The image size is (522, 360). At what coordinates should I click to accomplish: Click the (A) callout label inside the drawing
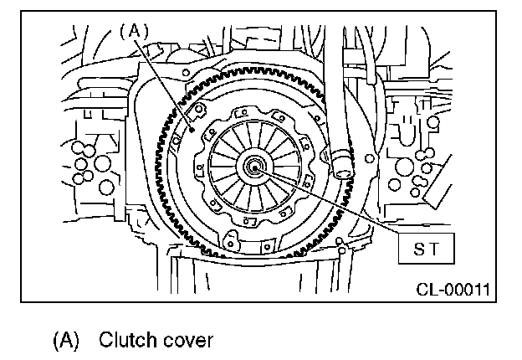(x=134, y=31)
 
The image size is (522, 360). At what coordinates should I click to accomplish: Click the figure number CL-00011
(x=453, y=291)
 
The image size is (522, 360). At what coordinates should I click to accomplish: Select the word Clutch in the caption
(x=123, y=341)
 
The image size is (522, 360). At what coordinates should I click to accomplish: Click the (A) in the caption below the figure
(x=68, y=341)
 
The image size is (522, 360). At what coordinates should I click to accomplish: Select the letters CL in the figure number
(x=426, y=291)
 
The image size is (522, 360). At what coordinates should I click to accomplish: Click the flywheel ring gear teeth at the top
(x=251, y=69)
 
